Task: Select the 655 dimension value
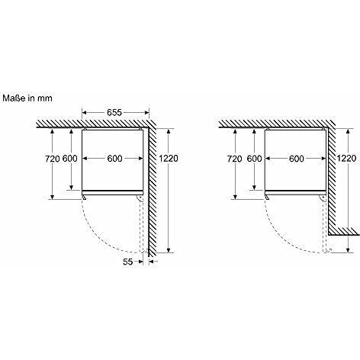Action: coord(114,113)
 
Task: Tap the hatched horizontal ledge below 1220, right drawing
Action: coord(340,231)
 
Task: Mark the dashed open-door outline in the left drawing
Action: coord(141,225)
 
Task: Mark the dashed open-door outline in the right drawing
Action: coord(323,225)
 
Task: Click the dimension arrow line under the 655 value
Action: coord(114,120)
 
